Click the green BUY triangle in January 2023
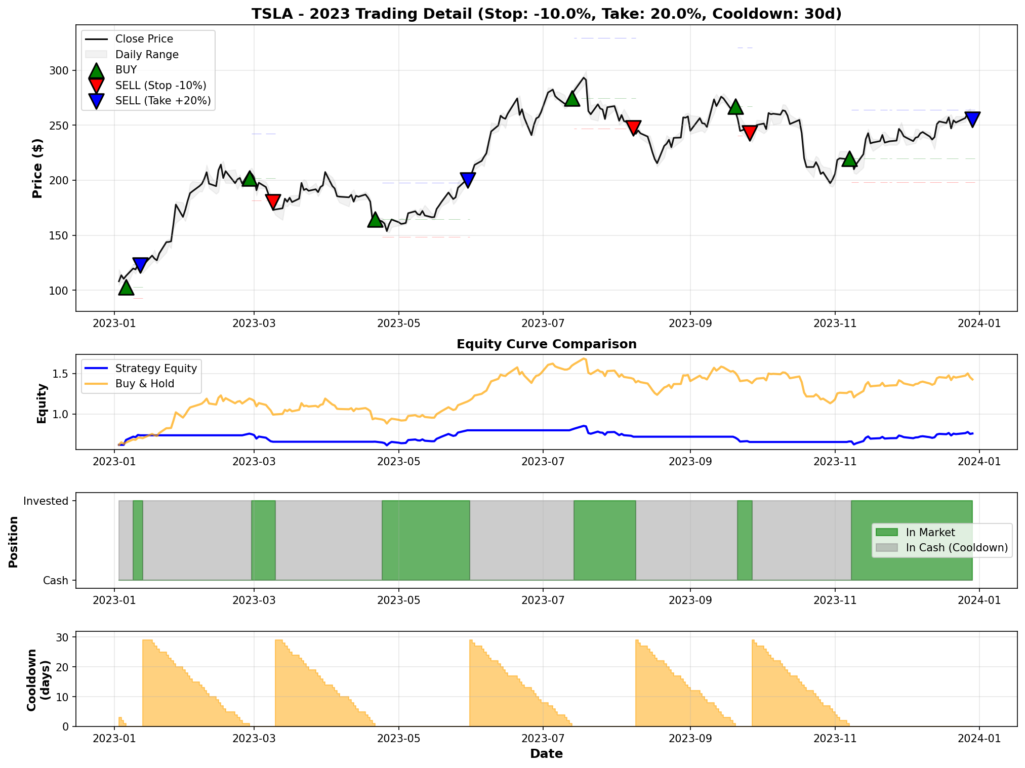click(x=126, y=288)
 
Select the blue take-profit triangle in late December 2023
click(x=972, y=119)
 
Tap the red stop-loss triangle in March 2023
click(x=273, y=201)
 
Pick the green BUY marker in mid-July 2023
click(x=572, y=99)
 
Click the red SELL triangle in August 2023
click(x=633, y=127)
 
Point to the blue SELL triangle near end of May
click(x=468, y=180)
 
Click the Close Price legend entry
click(x=144, y=39)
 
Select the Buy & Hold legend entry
click(x=144, y=384)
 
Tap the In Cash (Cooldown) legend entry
click(x=956, y=548)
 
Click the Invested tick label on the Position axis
click(x=46, y=501)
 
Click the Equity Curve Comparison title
click(x=546, y=344)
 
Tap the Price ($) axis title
click(x=37, y=168)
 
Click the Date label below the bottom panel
click(x=546, y=754)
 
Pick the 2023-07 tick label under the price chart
click(x=543, y=323)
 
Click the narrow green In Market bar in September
click(x=745, y=540)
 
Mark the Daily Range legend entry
click(x=147, y=55)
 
